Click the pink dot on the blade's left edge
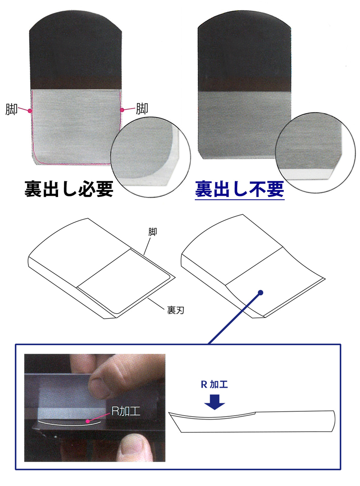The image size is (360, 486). (x=30, y=110)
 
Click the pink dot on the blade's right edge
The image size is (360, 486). (x=121, y=109)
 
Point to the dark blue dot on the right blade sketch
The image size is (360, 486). (x=261, y=292)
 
